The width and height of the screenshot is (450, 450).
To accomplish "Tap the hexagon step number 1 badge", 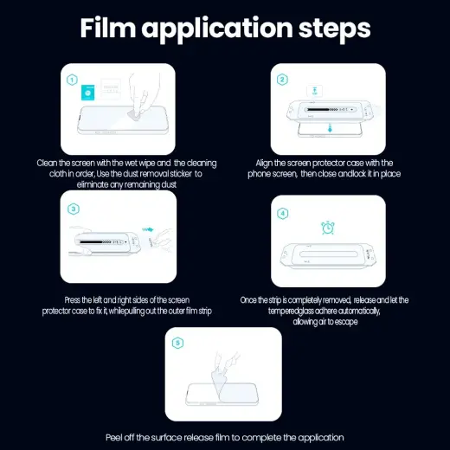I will coord(73,80).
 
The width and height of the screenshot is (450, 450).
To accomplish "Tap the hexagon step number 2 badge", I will coord(282,80).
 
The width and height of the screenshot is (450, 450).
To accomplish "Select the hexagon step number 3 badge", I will coord(73,209).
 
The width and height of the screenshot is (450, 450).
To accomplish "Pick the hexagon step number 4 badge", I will coord(282,212).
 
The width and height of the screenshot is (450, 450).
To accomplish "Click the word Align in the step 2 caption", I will coord(265,163).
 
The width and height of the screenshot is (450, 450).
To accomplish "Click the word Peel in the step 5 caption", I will coord(115,436).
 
